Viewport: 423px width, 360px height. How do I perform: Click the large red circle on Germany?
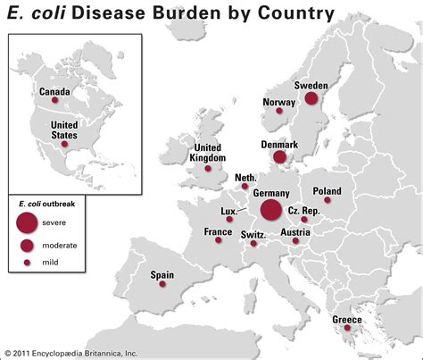coord(271,210)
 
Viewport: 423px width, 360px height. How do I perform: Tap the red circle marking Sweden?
coord(311,99)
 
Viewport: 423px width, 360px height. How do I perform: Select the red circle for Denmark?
coord(279,157)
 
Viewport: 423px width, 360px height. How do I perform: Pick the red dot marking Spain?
coord(162,283)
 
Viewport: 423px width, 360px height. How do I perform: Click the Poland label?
coord(327,190)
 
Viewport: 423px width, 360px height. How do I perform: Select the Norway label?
coord(278,102)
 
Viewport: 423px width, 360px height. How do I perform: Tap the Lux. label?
coord(228,211)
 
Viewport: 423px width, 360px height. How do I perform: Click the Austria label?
coord(295,232)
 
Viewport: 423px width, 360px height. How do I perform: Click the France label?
coord(218,231)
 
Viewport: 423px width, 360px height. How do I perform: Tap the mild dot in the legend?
coord(28,263)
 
